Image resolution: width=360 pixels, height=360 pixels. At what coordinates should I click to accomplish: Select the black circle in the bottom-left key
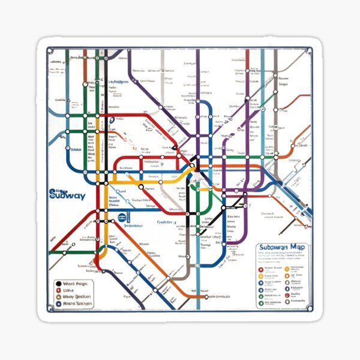[59, 284]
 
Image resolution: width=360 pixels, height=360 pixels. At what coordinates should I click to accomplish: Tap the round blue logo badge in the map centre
[122, 218]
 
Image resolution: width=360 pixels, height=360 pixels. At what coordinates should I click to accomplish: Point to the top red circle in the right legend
[260, 268]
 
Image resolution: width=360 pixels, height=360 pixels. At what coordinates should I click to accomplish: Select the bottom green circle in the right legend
[260, 296]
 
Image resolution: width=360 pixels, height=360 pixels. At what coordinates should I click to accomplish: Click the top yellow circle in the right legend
[260, 277]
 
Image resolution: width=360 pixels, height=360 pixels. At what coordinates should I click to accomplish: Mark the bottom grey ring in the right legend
[260, 304]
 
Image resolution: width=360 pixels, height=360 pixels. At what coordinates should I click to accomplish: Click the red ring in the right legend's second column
[286, 268]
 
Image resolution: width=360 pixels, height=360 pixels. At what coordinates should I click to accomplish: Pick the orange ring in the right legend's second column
[286, 277]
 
